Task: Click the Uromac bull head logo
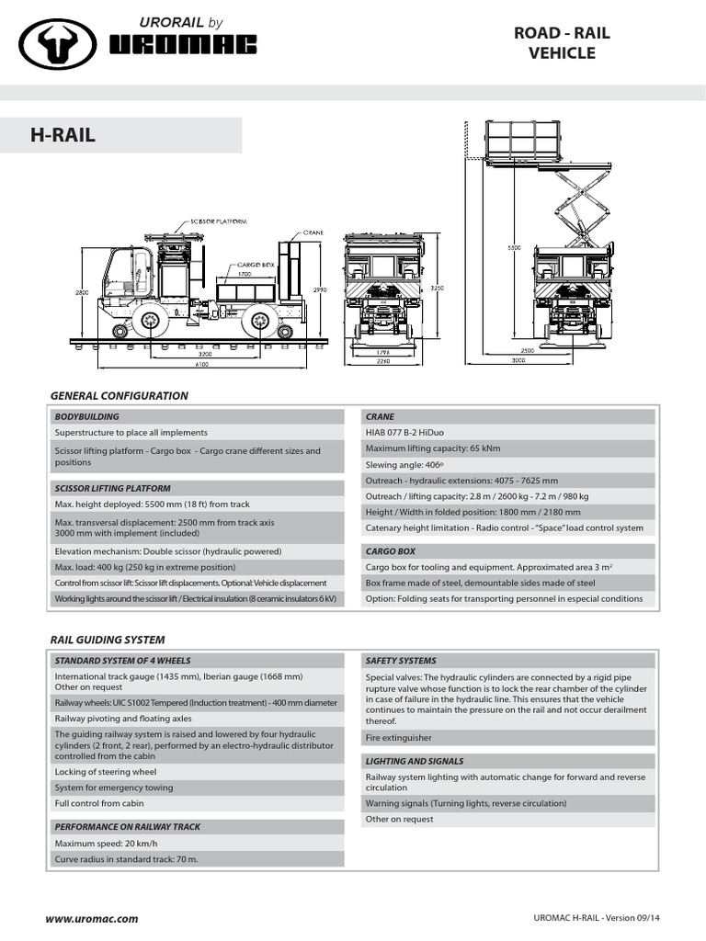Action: [56, 45]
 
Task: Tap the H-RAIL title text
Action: [63, 136]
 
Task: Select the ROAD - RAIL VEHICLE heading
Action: [561, 43]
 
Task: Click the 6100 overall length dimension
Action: [200, 365]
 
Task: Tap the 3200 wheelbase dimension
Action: [204, 353]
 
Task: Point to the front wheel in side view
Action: [149, 321]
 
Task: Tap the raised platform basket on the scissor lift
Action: [522, 143]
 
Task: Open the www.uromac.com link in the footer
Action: [92, 918]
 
